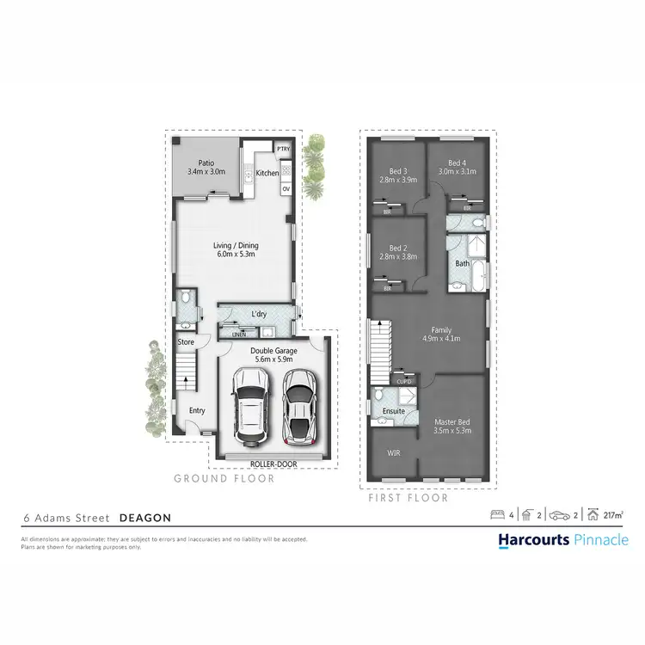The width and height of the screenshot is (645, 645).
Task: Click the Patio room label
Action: click(x=206, y=163)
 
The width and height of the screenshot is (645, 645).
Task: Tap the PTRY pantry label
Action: click(x=283, y=150)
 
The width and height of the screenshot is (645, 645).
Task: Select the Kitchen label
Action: click(x=267, y=173)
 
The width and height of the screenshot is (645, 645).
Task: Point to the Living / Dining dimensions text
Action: click(x=236, y=255)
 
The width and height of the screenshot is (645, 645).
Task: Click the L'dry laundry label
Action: click(x=258, y=314)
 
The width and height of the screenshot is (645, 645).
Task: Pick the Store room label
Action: click(x=186, y=342)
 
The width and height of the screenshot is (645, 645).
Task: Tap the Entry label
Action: click(x=197, y=410)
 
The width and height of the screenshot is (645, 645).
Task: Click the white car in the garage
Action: click(x=249, y=406)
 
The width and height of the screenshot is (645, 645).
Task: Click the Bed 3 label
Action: click(x=397, y=170)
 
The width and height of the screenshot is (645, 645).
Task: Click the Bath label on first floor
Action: click(x=462, y=263)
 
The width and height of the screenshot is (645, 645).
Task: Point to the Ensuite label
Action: click(x=394, y=411)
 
